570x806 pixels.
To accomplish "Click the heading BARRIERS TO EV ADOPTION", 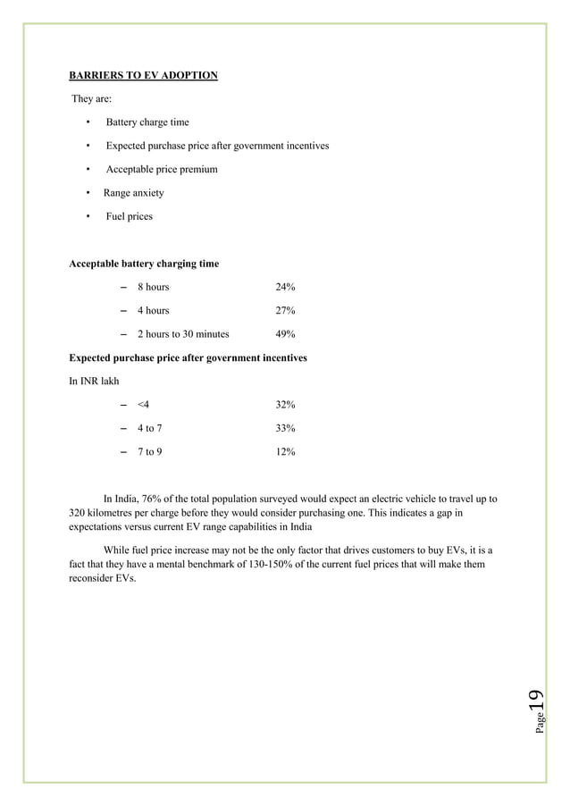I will (x=143, y=75).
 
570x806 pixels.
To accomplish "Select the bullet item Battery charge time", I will (x=147, y=122).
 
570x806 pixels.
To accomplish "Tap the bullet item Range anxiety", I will (x=133, y=193).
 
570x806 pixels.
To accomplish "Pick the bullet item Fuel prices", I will (x=129, y=216).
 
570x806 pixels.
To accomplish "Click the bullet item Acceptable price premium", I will (x=162, y=170).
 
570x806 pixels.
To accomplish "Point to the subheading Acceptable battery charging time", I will (x=144, y=264).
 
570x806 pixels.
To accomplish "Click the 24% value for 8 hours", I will (x=285, y=287).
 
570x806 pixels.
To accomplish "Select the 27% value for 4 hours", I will (x=285, y=311).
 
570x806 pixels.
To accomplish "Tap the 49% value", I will (x=285, y=334).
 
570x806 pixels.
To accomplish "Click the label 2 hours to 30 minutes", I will (x=182, y=334).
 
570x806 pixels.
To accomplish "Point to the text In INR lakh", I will (x=94, y=381).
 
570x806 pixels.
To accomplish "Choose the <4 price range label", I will (x=143, y=405).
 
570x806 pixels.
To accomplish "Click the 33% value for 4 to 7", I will (x=285, y=428).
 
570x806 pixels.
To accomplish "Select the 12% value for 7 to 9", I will (x=285, y=452).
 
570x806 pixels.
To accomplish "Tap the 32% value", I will (x=285, y=405).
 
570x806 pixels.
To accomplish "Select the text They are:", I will (x=91, y=99).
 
